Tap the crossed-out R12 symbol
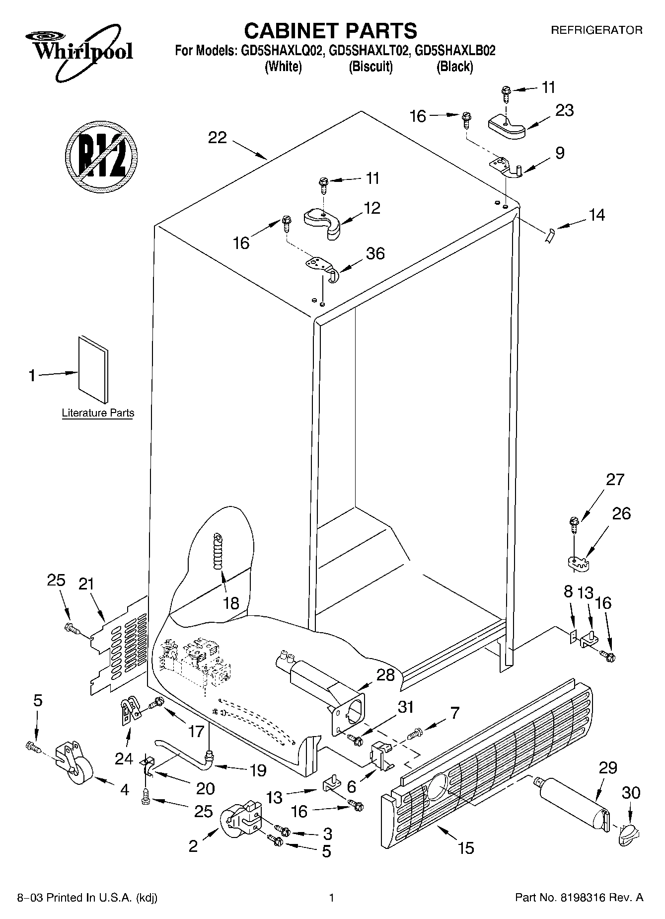click(101, 156)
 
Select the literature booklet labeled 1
click(93, 369)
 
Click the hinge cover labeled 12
click(323, 222)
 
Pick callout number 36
click(375, 253)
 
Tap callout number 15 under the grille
click(466, 847)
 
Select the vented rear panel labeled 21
click(119, 646)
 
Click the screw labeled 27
click(574, 524)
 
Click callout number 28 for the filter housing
click(385, 675)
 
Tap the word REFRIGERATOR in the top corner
click(596, 30)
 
